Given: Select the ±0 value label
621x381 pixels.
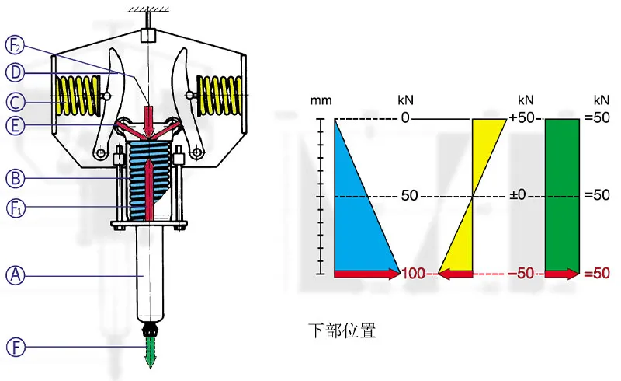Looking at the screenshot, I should tap(518, 195).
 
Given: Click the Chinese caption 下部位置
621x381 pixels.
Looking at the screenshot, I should tap(342, 330).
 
